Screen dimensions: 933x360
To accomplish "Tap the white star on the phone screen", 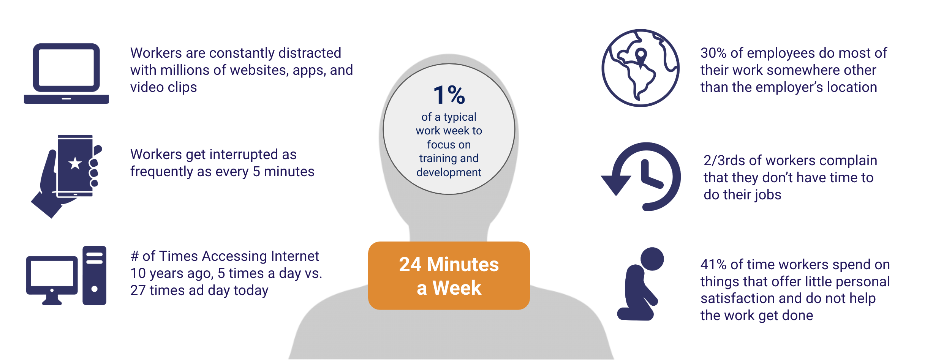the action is tap(75, 163).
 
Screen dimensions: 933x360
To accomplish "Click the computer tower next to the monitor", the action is tap(95, 275).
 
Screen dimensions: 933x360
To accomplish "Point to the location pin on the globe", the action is tap(641, 57).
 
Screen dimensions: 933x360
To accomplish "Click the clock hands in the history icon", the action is tap(650, 175).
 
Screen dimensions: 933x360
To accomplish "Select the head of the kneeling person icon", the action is tap(652, 259).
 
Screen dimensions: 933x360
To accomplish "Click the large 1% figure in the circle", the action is tap(449, 95).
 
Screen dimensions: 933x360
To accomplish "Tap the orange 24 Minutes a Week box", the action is tap(449, 276).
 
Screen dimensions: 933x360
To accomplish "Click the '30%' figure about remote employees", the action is tap(713, 53).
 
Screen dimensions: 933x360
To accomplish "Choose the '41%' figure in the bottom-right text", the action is tap(713, 265).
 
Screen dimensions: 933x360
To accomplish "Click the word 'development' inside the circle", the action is tap(449, 172).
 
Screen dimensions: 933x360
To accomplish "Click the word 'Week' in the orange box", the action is tap(457, 288).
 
